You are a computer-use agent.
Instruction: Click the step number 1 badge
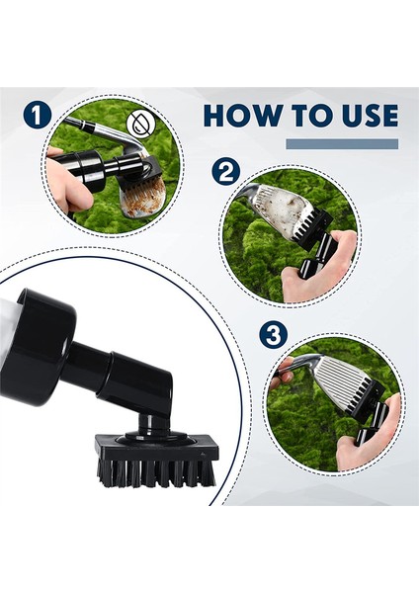tap(37, 115)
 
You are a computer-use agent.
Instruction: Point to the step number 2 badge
tap(226, 173)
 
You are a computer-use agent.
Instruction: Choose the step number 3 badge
tap(274, 334)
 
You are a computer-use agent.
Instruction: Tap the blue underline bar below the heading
tap(342, 144)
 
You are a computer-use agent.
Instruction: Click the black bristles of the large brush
tap(156, 472)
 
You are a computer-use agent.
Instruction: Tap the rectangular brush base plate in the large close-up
tap(156, 448)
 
